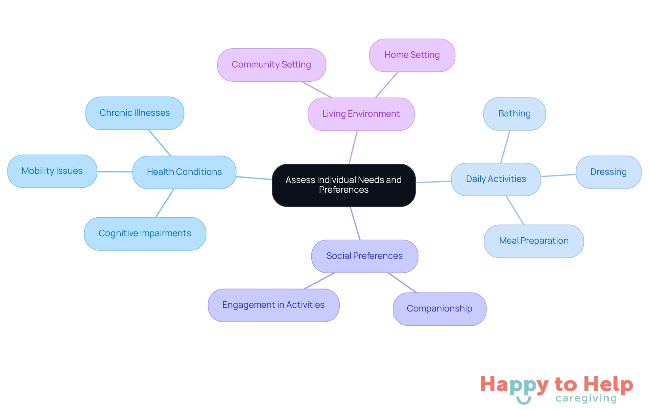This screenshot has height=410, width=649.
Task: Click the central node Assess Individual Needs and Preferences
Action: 343,185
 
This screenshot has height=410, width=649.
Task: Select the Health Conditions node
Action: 184,172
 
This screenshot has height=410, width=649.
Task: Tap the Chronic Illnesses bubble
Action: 135,113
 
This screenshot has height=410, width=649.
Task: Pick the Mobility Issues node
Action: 52,171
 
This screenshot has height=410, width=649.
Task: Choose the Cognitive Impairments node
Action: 145,234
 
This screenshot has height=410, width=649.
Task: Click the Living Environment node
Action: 361,114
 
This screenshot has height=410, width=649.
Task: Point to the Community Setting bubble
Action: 271,65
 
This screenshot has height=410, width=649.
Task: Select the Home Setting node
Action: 412,55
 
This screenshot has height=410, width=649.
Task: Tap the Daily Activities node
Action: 496,179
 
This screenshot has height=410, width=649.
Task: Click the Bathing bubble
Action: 514,114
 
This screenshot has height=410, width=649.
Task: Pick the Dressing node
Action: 608,172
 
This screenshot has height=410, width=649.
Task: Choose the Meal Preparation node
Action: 534,241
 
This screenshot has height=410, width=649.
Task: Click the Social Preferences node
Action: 364,256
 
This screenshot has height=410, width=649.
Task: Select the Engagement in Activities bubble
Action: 273,305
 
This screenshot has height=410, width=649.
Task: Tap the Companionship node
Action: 439,309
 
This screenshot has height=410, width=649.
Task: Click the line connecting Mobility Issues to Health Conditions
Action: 115,172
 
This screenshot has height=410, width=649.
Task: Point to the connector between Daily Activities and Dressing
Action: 558,175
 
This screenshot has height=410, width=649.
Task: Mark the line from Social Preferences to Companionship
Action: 402,283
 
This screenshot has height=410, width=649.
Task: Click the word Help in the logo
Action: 608,385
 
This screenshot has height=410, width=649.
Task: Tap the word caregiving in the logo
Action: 586,399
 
